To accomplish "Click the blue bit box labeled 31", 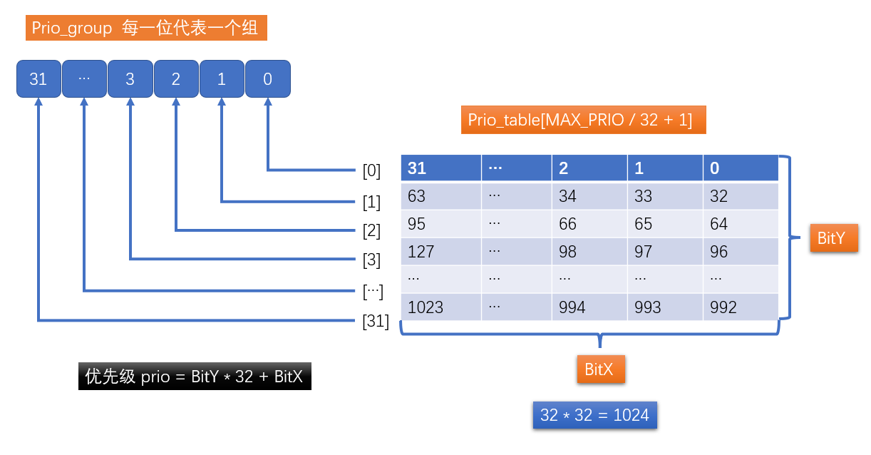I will coord(38,79).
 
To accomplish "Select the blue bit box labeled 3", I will coord(130,79).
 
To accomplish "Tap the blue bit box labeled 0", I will coord(268,79).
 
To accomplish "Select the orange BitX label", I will coord(599,369).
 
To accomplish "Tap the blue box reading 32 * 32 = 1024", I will coord(594,415).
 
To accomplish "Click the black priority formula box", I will coord(194,377).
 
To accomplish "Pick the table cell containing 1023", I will coord(440,307).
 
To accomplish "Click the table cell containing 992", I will coord(740,307).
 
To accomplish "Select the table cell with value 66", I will coord(589,224).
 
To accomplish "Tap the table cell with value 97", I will coord(664,252).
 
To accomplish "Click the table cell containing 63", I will coord(440,196).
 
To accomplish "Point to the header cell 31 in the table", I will coord(440,168).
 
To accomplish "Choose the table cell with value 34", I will coord(589,196).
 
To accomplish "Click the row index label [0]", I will coord(371,171).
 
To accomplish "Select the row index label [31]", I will coord(376,322).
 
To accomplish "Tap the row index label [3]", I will coord(371,260).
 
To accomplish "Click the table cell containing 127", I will coord(440,252).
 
